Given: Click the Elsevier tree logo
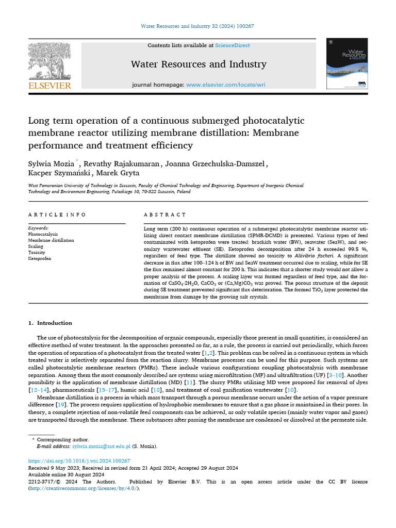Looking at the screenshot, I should pos(49,60).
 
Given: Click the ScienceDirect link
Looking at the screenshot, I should pos(233,45).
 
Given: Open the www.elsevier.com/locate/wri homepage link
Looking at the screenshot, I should pos(226,85).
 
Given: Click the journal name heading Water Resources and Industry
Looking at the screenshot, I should pos(199,64).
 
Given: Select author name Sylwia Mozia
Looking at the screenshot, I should pos(51,164).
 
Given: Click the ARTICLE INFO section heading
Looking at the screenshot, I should pos(57,214).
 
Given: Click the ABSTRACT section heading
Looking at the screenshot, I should pos(164,214).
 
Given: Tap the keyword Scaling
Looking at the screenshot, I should pos(36,246).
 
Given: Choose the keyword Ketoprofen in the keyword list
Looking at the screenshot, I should pos(40,259).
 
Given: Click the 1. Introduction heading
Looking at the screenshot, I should pos(50,323).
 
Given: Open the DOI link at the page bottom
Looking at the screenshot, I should pos(79,460).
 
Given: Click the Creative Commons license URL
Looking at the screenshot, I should pos(83,488).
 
